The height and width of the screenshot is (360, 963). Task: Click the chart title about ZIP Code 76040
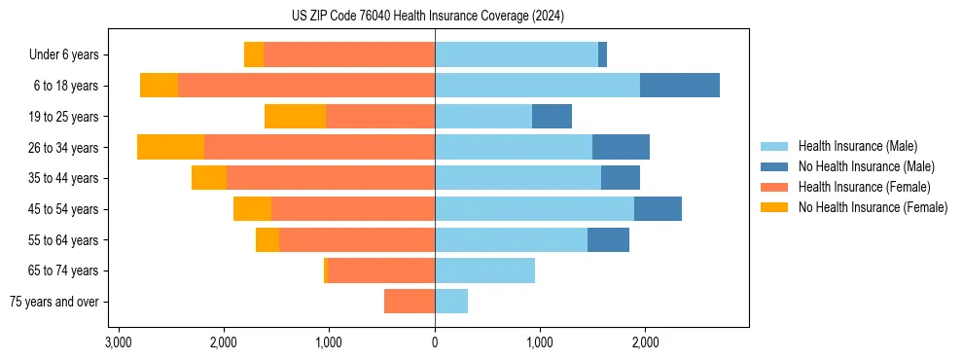428,17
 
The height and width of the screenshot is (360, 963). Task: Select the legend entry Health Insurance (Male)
856,146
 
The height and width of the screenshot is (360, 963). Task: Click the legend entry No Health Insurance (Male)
866,166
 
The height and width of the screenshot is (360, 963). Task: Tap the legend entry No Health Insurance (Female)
873,207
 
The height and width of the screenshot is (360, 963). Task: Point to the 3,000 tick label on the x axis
119,342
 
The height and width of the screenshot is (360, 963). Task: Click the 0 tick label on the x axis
435,342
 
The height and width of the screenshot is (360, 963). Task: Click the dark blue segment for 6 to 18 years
679,86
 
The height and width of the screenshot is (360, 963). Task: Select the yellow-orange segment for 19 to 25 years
295,117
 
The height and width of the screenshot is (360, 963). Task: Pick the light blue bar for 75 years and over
451,302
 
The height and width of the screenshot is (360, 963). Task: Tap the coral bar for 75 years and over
410,302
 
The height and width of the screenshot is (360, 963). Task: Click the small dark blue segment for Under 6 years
602,55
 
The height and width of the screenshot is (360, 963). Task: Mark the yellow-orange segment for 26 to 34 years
171,147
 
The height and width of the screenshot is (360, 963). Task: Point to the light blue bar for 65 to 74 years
484,270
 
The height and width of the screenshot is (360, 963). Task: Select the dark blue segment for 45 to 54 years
658,209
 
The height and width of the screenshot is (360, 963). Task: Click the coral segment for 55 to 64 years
357,240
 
